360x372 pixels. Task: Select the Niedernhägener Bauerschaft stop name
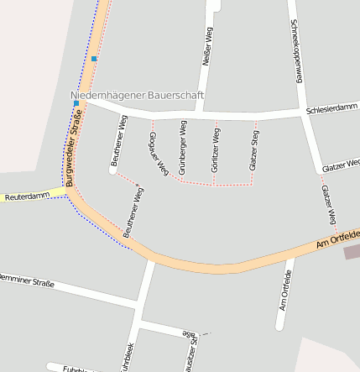click(x=137, y=97)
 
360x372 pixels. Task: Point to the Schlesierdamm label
click(x=332, y=109)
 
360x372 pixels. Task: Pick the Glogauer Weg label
click(x=158, y=152)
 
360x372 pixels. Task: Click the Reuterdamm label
click(x=28, y=196)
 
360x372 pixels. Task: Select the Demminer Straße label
click(x=27, y=280)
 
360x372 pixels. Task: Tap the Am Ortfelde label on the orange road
click(x=337, y=238)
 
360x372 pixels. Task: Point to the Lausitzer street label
click(x=190, y=353)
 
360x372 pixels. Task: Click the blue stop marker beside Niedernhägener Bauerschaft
click(x=76, y=103)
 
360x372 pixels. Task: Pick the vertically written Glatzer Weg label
click(x=329, y=204)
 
